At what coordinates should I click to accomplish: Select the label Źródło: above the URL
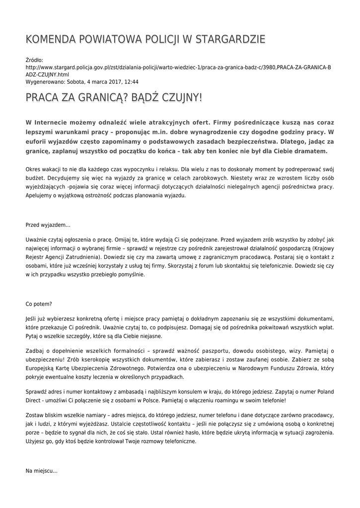(x=34, y=60)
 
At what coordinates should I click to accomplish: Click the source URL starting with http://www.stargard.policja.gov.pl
(x=178, y=67)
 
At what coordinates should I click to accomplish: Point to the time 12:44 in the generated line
(x=132, y=82)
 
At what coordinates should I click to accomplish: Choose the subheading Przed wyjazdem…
(x=48, y=225)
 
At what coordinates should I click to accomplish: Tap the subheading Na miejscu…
(x=42, y=471)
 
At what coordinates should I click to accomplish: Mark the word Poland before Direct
(x=323, y=391)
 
